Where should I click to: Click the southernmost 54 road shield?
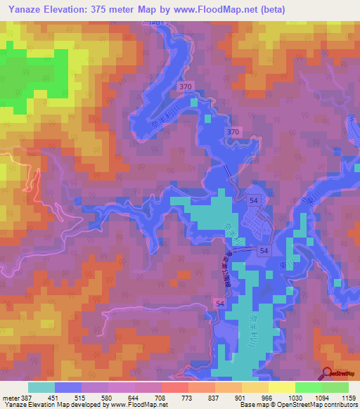[220, 301]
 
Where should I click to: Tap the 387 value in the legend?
[27, 396]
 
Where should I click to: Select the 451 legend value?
[53, 396]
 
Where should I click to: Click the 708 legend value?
[161, 396]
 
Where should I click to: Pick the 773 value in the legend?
[188, 396]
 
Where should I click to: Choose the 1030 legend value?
[295, 396]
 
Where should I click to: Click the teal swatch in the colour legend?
[41, 387]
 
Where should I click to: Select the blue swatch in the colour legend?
[67, 387]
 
